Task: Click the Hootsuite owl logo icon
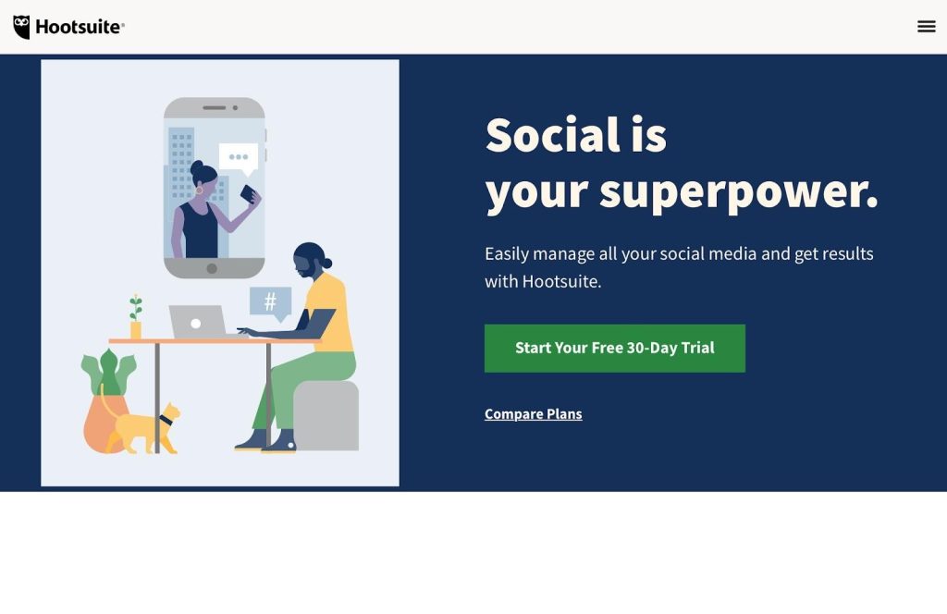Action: [x=22, y=27]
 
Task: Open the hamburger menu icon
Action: [x=926, y=27]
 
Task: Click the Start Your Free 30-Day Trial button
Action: [x=614, y=349]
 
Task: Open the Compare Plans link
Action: [x=534, y=414]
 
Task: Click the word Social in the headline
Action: [x=553, y=135]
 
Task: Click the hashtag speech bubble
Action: [x=271, y=303]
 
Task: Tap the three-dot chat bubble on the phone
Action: [x=239, y=158]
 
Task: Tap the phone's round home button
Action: [x=212, y=269]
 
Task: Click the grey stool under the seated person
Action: [x=326, y=415]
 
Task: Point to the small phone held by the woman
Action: [x=248, y=194]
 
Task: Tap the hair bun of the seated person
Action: [x=326, y=263]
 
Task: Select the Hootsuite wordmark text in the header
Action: [x=80, y=27]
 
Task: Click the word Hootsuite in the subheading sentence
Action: [x=561, y=281]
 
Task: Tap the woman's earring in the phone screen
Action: [x=199, y=190]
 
